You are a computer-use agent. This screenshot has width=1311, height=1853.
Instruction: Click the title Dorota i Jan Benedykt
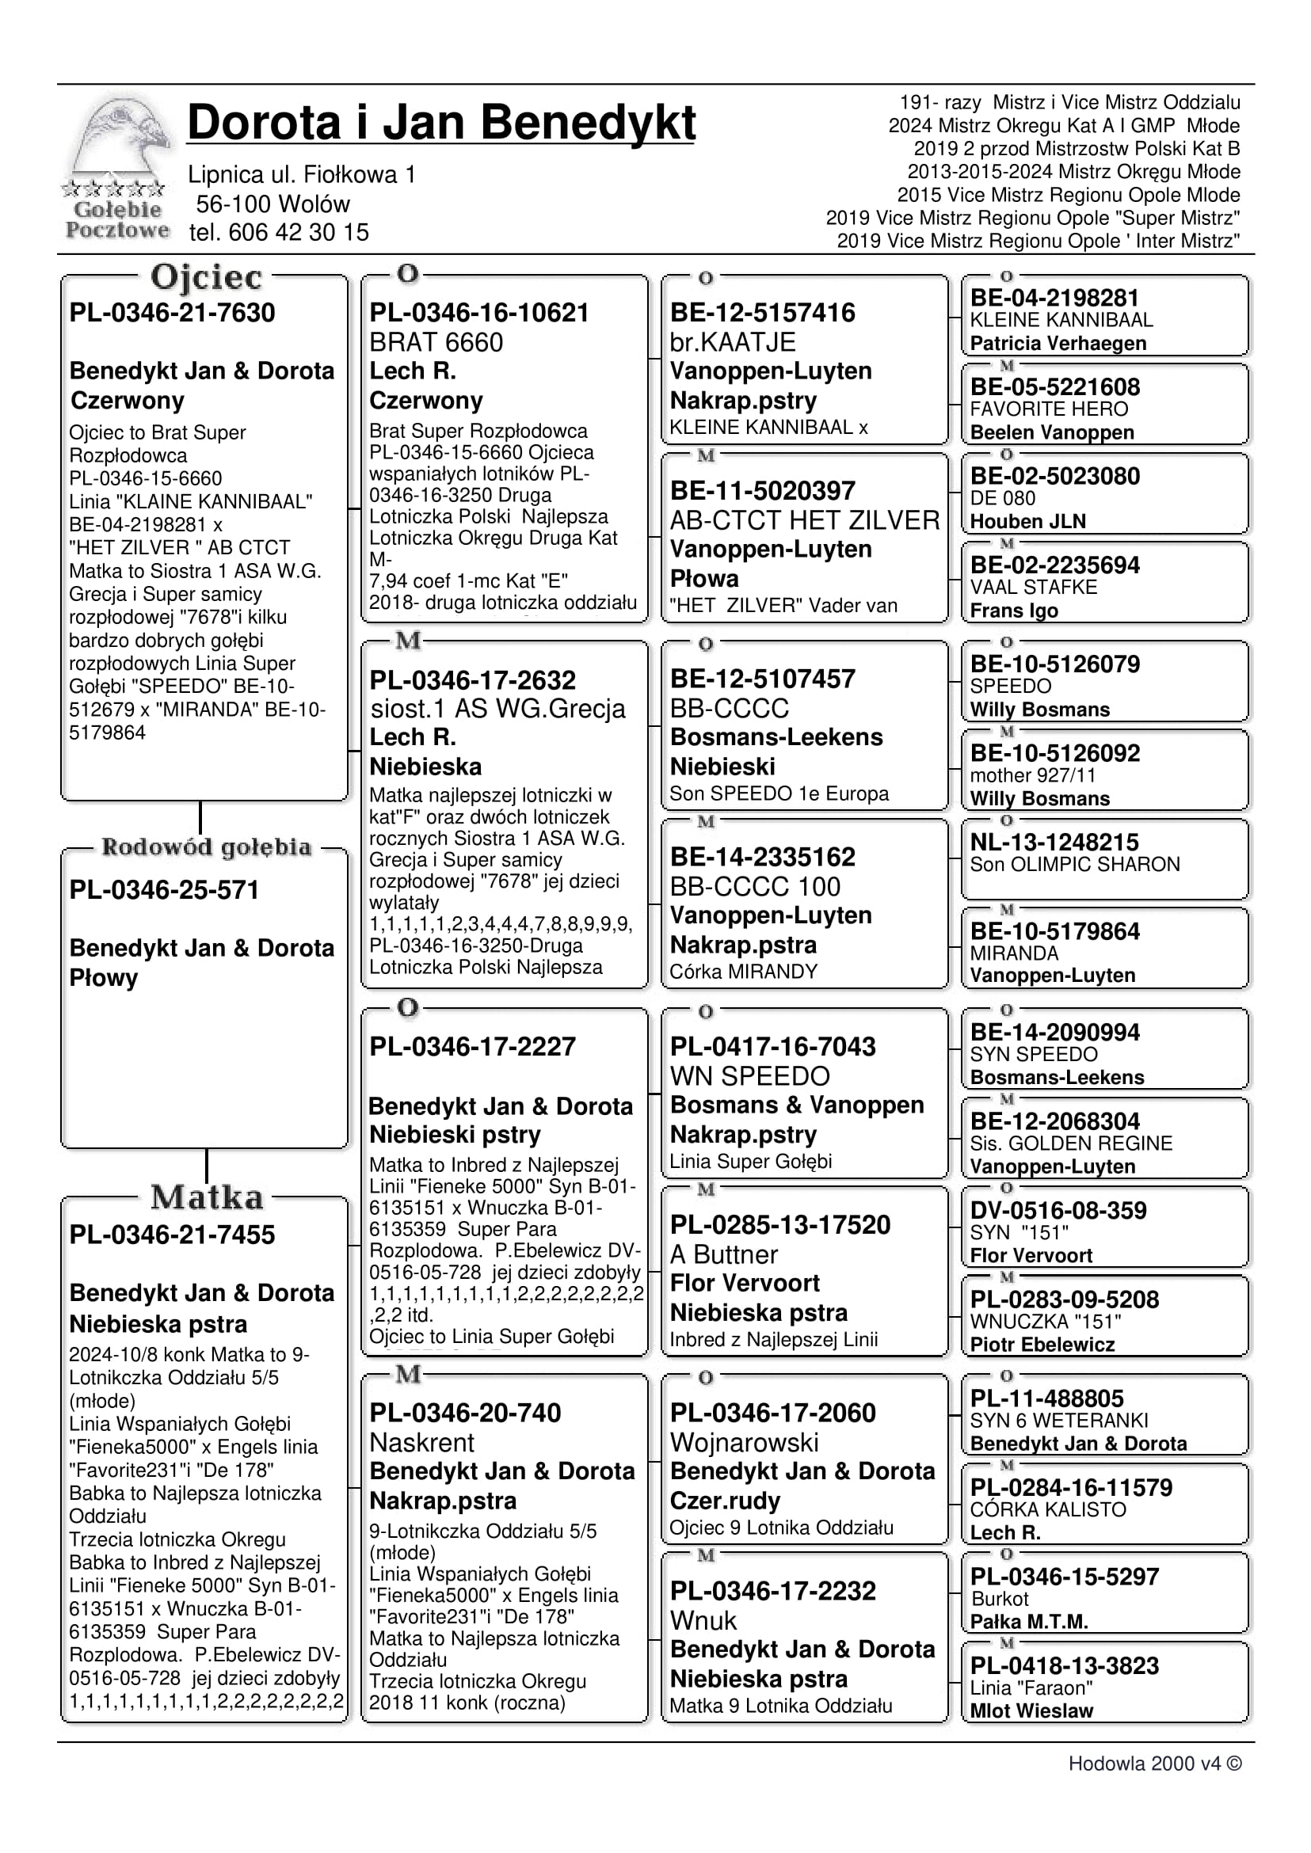pyautogui.click(x=440, y=124)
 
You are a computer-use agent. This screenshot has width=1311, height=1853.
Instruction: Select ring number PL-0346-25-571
pyautogui.click(x=164, y=889)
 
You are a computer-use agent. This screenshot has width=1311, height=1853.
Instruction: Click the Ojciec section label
pyautogui.click(x=206, y=278)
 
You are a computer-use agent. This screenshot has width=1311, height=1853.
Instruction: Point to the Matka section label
pyautogui.click(x=207, y=1197)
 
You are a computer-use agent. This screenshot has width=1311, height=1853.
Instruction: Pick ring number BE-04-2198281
pyautogui.click(x=1054, y=298)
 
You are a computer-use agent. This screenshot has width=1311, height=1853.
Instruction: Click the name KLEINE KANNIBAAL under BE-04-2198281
pyautogui.click(x=1061, y=320)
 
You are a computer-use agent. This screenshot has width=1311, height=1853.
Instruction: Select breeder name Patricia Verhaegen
pyautogui.click(x=1058, y=343)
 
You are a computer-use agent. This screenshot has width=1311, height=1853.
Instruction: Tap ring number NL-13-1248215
pyautogui.click(x=1054, y=842)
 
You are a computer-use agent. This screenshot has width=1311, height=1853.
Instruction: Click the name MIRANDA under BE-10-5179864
pyautogui.click(x=1014, y=953)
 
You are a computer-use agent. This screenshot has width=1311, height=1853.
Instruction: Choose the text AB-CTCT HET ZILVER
pyautogui.click(x=805, y=520)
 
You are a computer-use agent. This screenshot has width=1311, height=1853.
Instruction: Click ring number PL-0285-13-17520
pyautogui.click(x=779, y=1224)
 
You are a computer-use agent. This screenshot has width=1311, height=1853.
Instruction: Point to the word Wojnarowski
pyautogui.click(x=745, y=1442)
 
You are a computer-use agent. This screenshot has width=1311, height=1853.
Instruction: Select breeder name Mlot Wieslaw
pyautogui.click(x=1031, y=1710)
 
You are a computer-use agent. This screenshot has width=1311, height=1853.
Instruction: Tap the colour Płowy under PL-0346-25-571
pyautogui.click(x=103, y=978)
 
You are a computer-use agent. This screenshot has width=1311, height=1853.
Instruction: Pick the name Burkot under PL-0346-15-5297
pyautogui.click(x=1000, y=1599)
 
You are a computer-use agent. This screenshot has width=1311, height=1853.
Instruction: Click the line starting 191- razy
pyautogui.click(x=1069, y=102)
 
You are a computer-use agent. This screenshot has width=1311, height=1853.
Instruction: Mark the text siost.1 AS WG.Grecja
pyautogui.click(x=497, y=709)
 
